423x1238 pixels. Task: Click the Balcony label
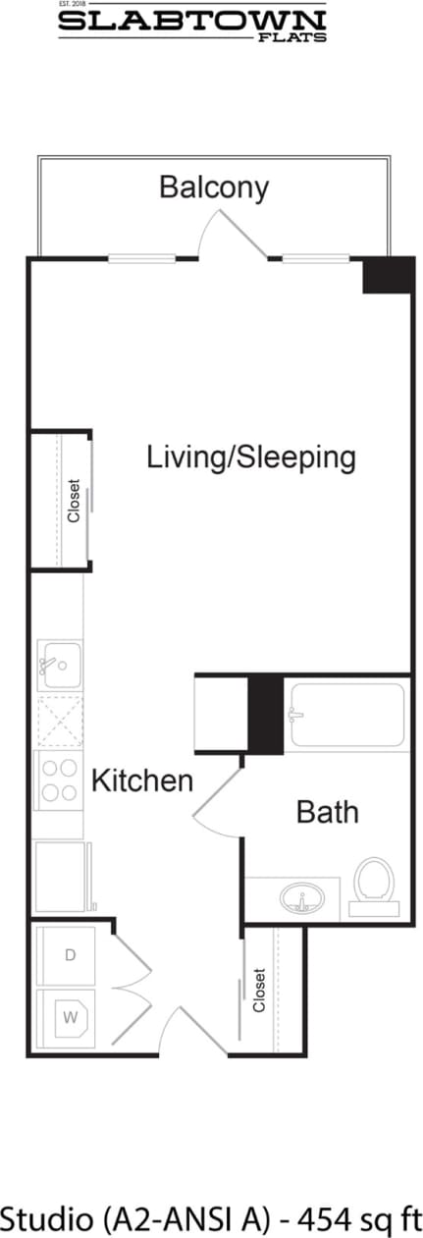(x=214, y=187)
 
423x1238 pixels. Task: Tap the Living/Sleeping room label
(x=250, y=458)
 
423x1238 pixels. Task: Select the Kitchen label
(x=141, y=781)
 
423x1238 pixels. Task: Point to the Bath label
(x=327, y=812)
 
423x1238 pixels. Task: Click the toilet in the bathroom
(x=373, y=883)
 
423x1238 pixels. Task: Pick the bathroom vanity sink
(x=303, y=898)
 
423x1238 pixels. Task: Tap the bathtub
(x=344, y=716)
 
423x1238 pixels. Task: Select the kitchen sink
(x=59, y=665)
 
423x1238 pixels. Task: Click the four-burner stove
(x=59, y=780)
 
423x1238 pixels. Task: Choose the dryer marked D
(x=68, y=955)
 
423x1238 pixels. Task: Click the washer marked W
(x=68, y=1018)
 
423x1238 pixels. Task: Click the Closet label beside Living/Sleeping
(x=74, y=501)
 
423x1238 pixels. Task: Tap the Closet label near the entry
(x=259, y=991)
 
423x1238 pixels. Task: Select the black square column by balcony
(x=387, y=275)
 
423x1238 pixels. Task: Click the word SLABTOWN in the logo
(x=191, y=22)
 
